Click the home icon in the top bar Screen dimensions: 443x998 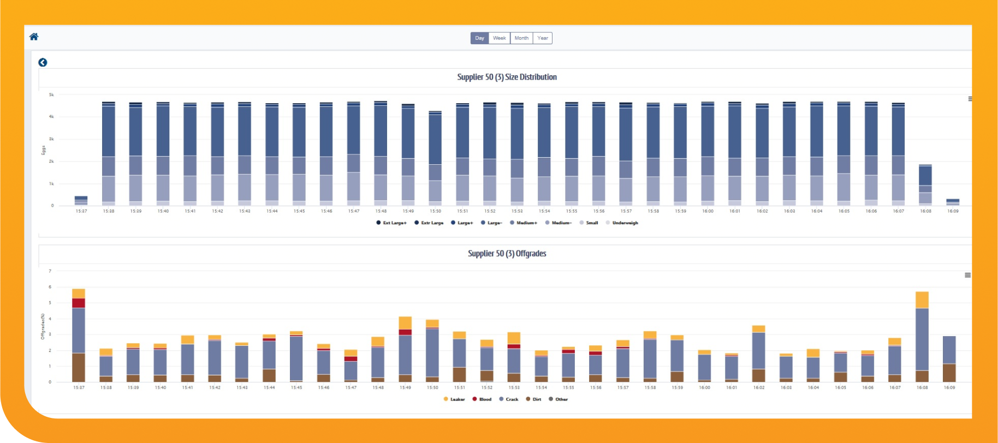[x=34, y=37]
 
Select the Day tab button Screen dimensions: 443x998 [x=479, y=38]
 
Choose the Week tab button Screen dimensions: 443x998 [x=499, y=38]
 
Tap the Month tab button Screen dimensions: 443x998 [x=521, y=38]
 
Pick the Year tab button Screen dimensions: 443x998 [x=542, y=38]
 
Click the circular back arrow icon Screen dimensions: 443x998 [x=43, y=63]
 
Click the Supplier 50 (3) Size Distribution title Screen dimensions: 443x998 [x=507, y=77]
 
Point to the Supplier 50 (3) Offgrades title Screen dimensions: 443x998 [x=507, y=254]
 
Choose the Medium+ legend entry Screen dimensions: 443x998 [x=526, y=223]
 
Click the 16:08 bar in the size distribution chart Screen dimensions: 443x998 [x=925, y=185]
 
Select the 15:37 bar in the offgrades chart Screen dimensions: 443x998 [x=79, y=338]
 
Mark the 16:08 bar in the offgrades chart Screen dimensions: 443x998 [x=922, y=338]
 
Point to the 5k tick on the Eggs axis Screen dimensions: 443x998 [x=51, y=95]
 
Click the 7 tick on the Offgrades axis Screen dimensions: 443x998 [x=50, y=271]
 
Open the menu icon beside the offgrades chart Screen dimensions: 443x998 [x=967, y=276]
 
